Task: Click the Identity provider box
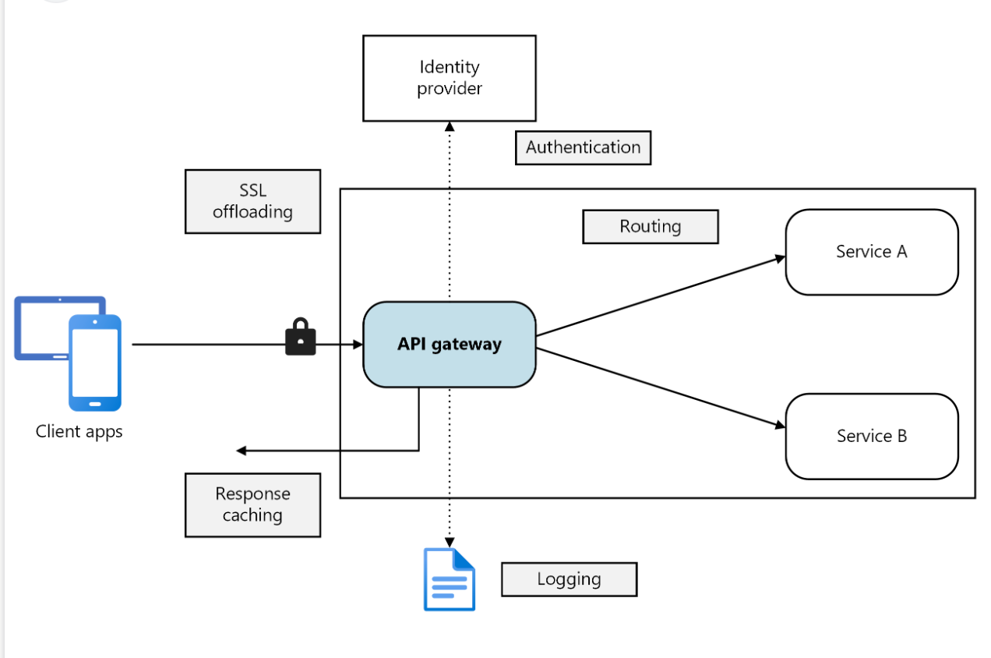point(450,78)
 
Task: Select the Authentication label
point(583,147)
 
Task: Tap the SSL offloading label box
point(252,201)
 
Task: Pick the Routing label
point(650,227)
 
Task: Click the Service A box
point(871,252)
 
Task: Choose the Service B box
point(871,436)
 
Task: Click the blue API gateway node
point(450,344)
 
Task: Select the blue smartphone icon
point(95,363)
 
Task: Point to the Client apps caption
point(79,431)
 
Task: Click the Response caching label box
point(252,504)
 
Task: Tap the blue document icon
point(449,579)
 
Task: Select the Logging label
point(569,579)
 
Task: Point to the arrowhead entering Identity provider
point(450,126)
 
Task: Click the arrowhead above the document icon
point(450,541)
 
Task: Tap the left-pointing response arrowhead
point(242,451)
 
